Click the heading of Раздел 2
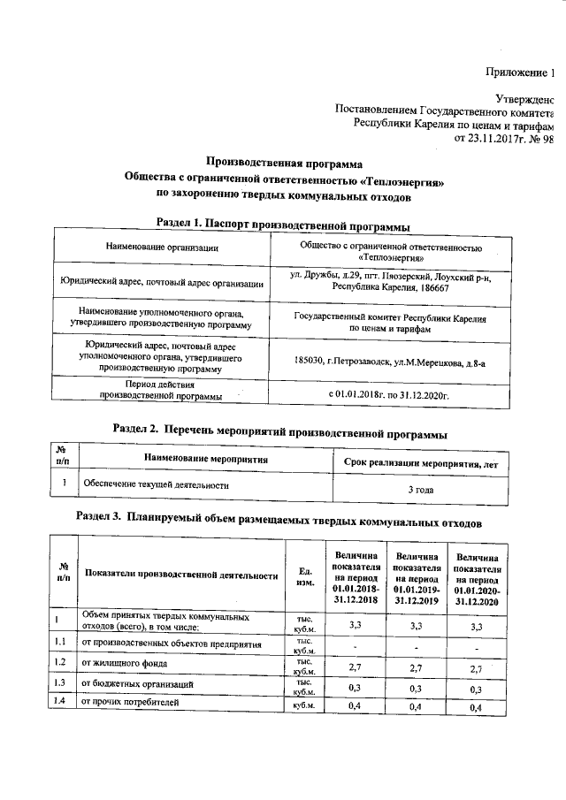click(280, 432)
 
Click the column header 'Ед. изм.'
click(306, 575)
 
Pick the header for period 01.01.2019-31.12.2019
click(417, 575)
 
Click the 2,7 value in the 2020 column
click(477, 668)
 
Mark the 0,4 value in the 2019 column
click(417, 708)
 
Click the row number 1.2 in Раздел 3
click(60, 662)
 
